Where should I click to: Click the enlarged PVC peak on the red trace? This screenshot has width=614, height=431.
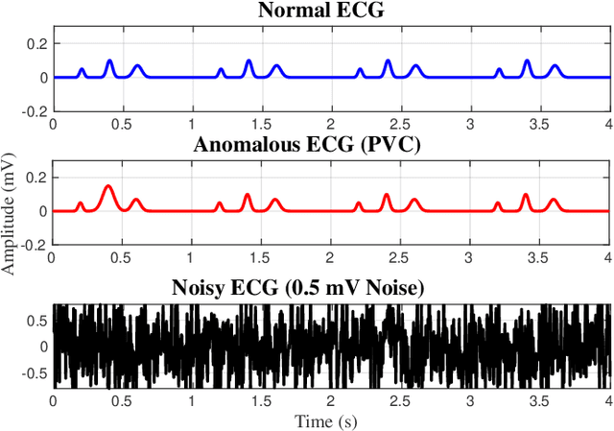(x=108, y=186)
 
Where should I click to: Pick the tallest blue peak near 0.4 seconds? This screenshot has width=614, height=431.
(x=109, y=61)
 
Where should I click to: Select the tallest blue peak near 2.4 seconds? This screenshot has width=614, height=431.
(x=388, y=61)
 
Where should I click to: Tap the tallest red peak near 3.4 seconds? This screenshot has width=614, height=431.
(x=526, y=195)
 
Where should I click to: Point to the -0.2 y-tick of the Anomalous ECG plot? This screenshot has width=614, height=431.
(x=35, y=245)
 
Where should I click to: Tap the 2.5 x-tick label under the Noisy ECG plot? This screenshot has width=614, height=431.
(x=400, y=400)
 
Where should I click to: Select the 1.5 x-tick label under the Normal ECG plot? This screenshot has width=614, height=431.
(x=261, y=124)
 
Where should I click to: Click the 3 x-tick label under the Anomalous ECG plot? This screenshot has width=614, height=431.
(x=470, y=257)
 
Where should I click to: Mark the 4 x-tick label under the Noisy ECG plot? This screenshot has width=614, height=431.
(x=607, y=400)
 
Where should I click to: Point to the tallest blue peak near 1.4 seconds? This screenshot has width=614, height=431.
(x=248, y=61)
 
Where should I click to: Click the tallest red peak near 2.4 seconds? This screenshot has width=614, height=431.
(x=387, y=195)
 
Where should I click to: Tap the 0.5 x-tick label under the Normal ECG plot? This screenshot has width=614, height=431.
(x=122, y=124)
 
